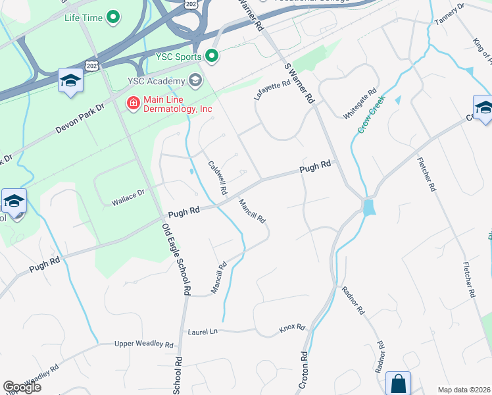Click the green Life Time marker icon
(113, 17)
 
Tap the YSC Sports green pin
(212, 57)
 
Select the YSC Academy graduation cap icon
(195, 80)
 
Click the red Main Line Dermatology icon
(133, 103)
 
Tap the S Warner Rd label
(299, 84)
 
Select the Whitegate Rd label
(360, 103)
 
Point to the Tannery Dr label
(450, 14)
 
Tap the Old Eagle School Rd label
(176, 259)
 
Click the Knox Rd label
(292, 327)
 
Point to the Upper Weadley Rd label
(143, 344)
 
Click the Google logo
(22, 386)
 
